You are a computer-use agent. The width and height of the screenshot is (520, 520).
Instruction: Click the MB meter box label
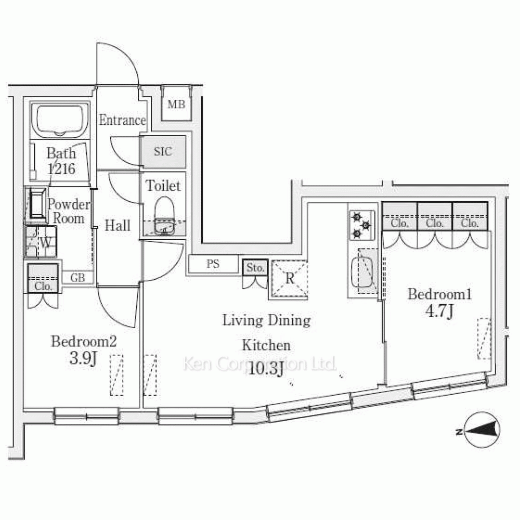(176, 105)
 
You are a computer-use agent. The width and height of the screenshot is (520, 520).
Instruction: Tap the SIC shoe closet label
(163, 151)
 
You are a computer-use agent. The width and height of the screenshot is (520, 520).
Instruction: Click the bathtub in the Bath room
(60, 120)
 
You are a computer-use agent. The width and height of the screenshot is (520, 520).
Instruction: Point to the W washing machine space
(41, 241)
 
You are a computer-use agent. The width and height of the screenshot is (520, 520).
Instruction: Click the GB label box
(77, 278)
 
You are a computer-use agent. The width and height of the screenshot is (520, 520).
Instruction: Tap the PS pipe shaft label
(213, 264)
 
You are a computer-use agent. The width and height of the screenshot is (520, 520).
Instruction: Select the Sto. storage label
(255, 268)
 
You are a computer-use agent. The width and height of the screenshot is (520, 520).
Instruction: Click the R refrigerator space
(290, 279)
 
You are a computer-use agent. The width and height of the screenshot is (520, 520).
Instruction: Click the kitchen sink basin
(362, 272)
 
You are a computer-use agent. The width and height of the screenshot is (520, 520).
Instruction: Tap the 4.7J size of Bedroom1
(439, 311)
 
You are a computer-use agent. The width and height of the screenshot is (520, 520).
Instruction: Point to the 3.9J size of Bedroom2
(83, 358)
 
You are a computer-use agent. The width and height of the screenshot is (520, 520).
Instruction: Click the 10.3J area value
(266, 369)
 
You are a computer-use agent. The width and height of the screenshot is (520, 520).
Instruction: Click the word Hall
(118, 226)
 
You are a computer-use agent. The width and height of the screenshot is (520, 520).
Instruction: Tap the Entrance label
(122, 120)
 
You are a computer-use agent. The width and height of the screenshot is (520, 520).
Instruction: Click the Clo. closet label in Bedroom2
(43, 286)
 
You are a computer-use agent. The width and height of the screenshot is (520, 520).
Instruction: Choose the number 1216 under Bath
(61, 169)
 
